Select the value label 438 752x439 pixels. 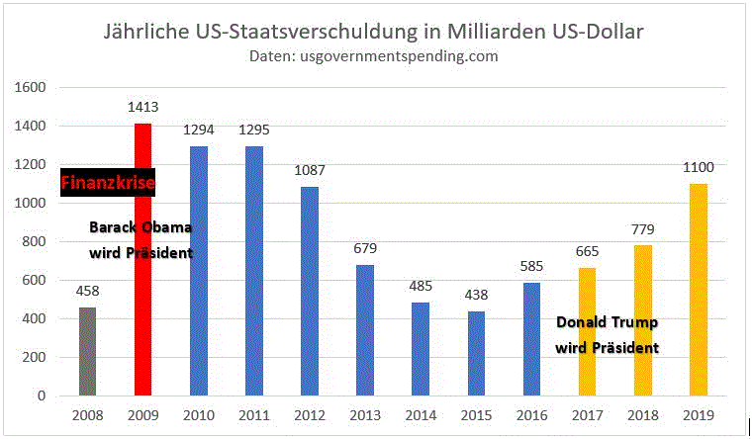click(x=475, y=296)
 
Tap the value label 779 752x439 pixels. click(x=644, y=229)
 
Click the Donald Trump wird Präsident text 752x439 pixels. click(x=607, y=335)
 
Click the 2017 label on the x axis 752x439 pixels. click(x=587, y=415)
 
